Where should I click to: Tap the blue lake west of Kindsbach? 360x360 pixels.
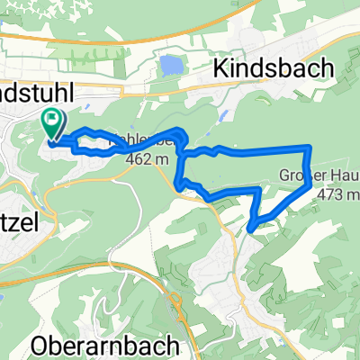point(169,66)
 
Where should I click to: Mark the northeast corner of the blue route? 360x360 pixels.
point(310,146)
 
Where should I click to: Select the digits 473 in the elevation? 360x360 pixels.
point(335,193)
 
